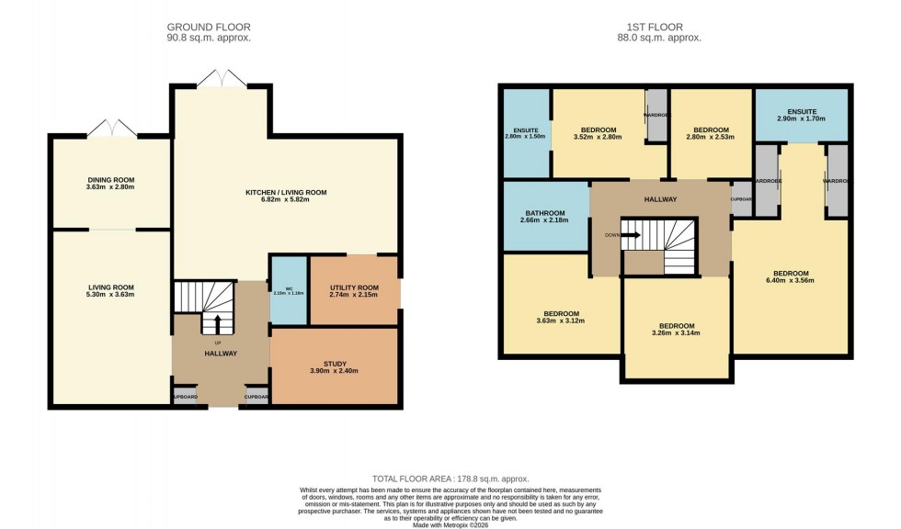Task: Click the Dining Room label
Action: (110, 179)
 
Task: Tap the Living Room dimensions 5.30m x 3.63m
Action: (110, 295)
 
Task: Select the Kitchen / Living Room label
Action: (286, 193)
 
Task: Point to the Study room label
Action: (335, 364)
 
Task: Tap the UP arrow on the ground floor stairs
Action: (218, 323)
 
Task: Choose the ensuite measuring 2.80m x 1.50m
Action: (525, 132)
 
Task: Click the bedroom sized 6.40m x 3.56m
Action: (791, 276)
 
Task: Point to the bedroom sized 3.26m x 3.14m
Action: (676, 330)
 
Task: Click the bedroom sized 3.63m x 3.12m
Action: (561, 317)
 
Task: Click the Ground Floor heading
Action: (209, 28)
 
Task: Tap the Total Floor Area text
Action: (450, 479)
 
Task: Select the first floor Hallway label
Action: (660, 199)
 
